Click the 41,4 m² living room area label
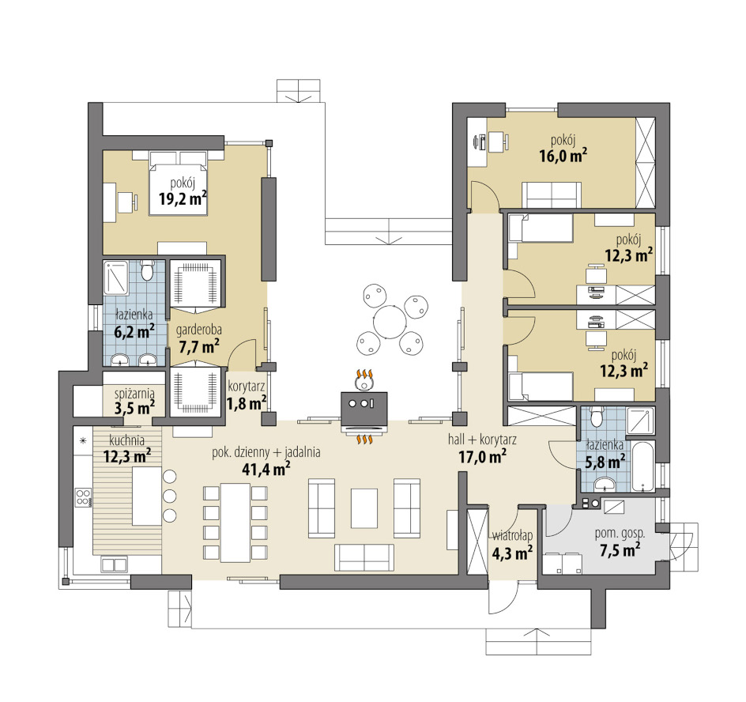click(266, 469)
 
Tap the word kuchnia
click(126, 440)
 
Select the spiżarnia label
click(134, 394)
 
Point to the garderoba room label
click(199, 330)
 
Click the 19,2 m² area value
click(183, 198)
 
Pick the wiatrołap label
click(512, 536)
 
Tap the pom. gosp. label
click(620, 534)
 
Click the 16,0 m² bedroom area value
click(563, 155)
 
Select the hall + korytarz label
click(482, 440)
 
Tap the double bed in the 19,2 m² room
click(179, 183)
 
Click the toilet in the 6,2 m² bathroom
click(147, 271)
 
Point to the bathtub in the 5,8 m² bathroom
click(643, 466)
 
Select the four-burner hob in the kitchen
click(83, 497)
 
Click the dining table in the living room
click(235, 523)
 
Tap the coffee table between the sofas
click(364, 508)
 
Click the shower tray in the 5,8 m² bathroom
click(640, 421)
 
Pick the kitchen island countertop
click(147, 496)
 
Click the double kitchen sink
click(113, 565)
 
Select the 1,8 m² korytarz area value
click(246, 404)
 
